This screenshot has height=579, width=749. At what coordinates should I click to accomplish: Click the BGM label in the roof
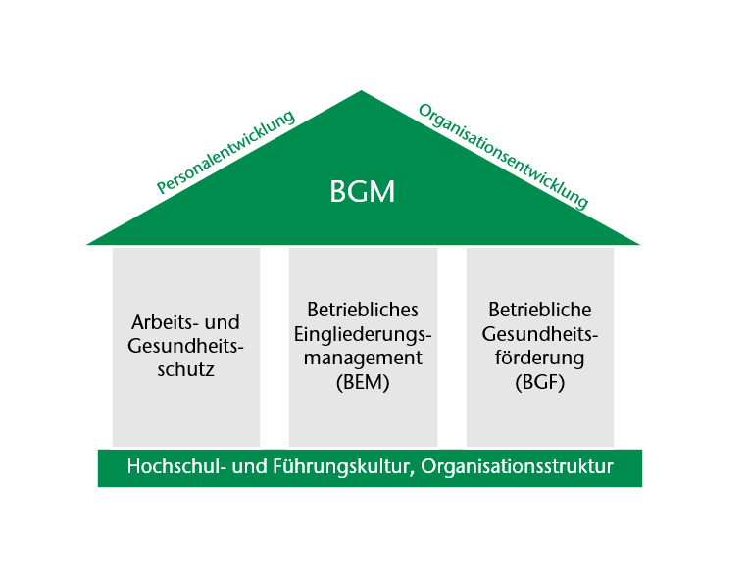click(x=363, y=191)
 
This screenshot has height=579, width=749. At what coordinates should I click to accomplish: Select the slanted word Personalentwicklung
click(x=225, y=151)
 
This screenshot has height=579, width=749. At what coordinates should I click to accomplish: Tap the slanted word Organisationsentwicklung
click(x=503, y=157)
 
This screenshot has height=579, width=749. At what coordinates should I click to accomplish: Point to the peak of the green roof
click(x=361, y=91)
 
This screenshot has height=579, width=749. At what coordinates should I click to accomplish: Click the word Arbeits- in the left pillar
click(x=166, y=322)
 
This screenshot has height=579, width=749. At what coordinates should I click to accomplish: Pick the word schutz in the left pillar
click(x=186, y=369)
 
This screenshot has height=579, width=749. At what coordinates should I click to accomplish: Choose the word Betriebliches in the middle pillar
click(x=363, y=310)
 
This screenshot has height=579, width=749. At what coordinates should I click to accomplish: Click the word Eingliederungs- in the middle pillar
click(x=363, y=334)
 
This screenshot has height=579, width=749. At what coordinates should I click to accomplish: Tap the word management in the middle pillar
click(x=363, y=358)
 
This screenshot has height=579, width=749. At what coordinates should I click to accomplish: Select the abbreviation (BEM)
click(x=363, y=382)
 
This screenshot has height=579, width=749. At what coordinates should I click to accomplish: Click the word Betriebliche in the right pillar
click(x=540, y=310)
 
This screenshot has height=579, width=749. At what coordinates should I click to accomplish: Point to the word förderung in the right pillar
click(x=540, y=358)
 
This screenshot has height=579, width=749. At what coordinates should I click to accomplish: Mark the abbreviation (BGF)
click(x=540, y=382)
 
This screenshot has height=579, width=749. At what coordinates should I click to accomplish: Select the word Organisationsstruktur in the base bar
click(x=517, y=467)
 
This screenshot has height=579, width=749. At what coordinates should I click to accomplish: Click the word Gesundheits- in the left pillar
click(x=186, y=346)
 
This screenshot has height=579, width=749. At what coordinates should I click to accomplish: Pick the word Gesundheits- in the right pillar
click(x=540, y=334)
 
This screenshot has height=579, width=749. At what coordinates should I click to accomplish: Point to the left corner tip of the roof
click(x=87, y=244)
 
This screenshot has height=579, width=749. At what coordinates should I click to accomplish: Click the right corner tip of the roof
click(x=639, y=244)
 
